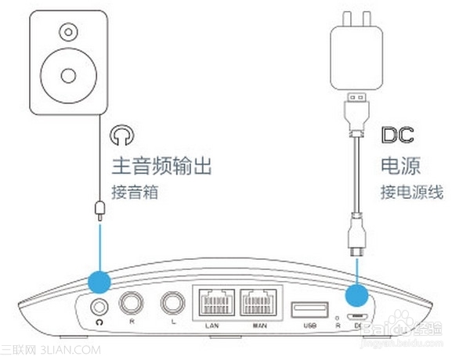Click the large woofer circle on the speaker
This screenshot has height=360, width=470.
pos(68,76)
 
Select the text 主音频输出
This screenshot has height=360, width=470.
pos(162,167)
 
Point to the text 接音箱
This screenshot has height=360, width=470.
pos(136,191)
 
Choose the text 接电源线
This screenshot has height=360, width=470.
pos(411,191)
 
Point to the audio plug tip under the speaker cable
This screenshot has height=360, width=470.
pos(100,209)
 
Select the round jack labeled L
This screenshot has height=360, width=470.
pos(170,303)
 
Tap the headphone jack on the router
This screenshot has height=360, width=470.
pos(99,306)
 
